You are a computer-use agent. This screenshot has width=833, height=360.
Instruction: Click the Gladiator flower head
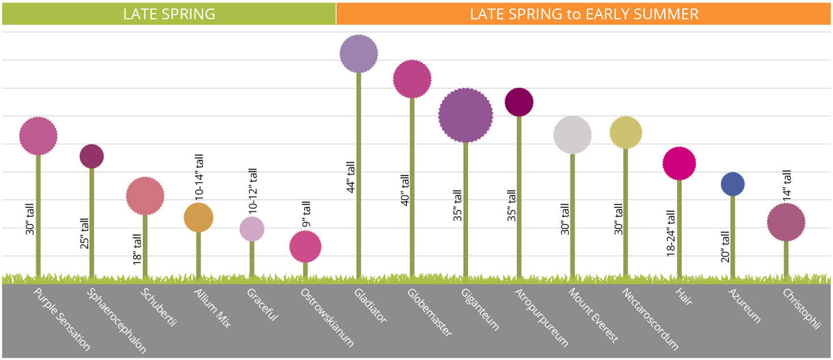click(x=359, y=54)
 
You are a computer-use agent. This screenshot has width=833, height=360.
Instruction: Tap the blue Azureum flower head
click(x=733, y=184)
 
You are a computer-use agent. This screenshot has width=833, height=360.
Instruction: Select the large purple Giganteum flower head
click(x=465, y=115)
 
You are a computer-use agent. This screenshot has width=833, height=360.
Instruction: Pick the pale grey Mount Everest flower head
click(x=572, y=135)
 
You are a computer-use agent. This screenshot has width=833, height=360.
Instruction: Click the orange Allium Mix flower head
click(x=198, y=217)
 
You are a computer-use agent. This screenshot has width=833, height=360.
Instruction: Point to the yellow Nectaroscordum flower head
click(x=626, y=133)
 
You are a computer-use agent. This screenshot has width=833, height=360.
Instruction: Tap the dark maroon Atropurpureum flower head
click(x=518, y=102)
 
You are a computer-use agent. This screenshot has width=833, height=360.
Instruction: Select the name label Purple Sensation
click(x=62, y=320)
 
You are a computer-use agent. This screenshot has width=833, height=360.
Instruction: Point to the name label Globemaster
click(x=430, y=312)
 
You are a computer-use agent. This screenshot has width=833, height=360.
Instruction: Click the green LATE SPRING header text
click(x=169, y=14)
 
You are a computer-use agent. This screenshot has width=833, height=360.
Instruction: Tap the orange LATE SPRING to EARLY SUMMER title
click(x=584, y=14)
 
